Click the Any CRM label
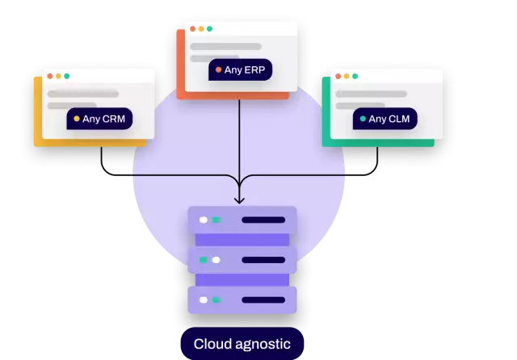point(99,119)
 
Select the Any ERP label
point(240,70)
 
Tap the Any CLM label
point(385,119)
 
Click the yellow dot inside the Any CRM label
point(77,119)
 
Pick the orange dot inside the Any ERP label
point(218,70)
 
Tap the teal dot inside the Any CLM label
point(363,119)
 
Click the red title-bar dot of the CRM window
point(49,77)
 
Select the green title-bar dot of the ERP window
point(209,29)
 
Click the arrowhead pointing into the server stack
point(239,199)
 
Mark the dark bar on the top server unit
point(263,220)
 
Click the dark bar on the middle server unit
point(263,260)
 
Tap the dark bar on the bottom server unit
point(263,299)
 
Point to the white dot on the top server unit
point(204,220)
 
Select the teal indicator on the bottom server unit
point(216,299)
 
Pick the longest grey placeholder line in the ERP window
point(225,47)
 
